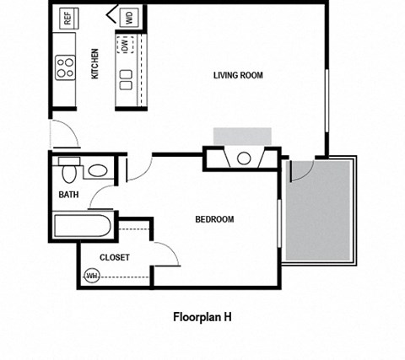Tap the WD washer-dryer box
130,17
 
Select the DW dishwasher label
124,46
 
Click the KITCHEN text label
95,64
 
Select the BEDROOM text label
214,220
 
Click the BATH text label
69,195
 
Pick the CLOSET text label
114,258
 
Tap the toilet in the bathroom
69,171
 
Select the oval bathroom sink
96,171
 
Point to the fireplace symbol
243,158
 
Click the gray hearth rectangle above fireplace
242,137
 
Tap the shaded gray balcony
320,211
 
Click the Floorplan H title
202,318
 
